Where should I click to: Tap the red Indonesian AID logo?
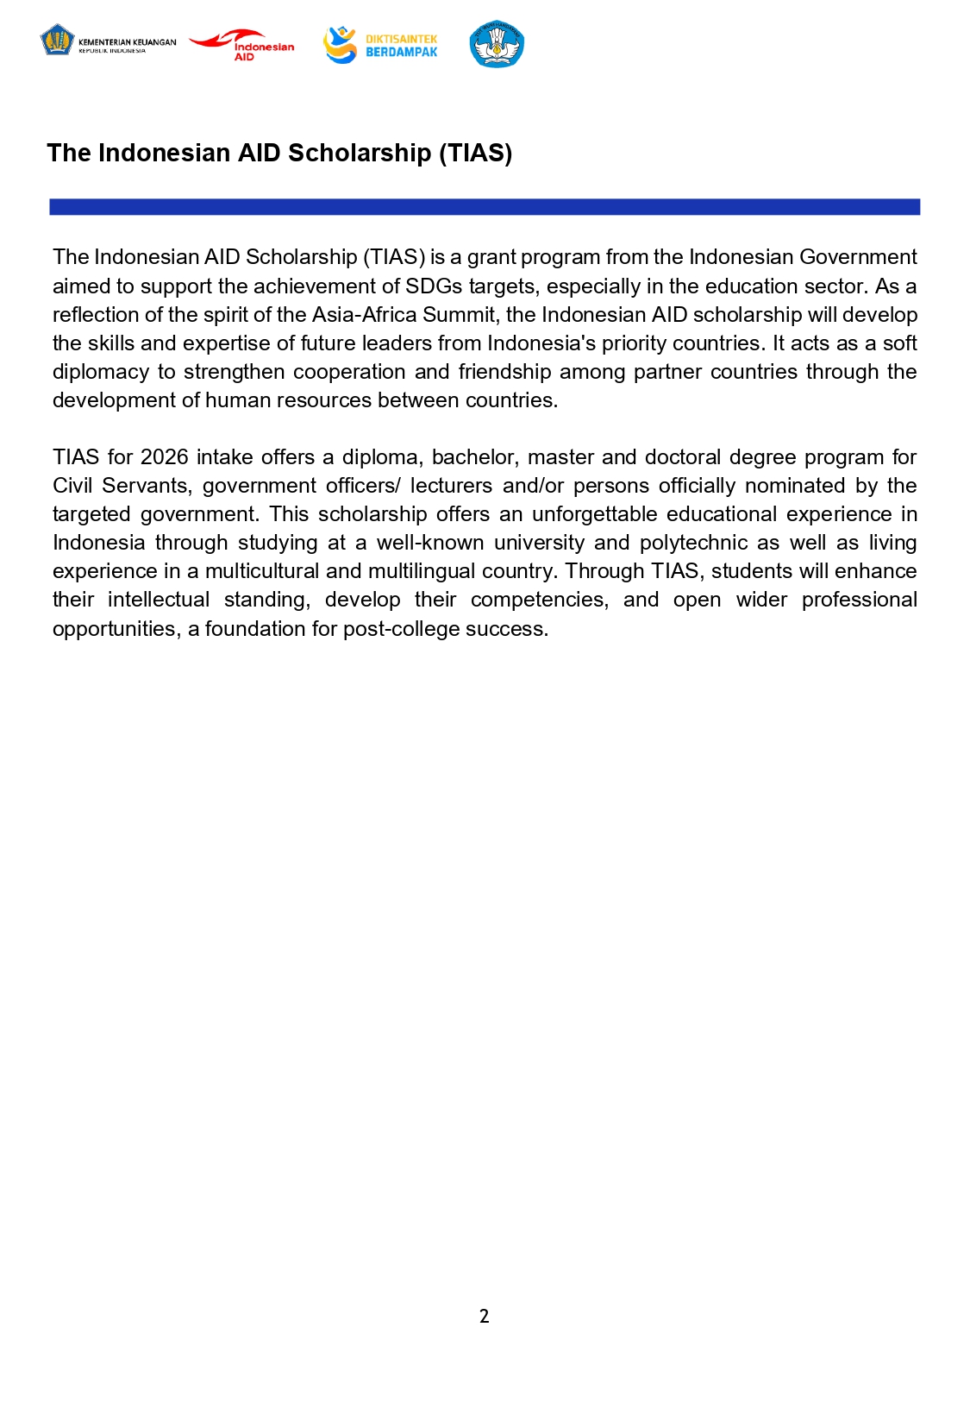(x=242, y=45)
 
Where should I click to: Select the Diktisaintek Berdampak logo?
(x=380, y=45)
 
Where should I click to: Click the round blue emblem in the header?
(x=497, y=44)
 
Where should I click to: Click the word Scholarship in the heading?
(x=359, y=153)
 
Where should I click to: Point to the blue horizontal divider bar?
(x=485, y=207)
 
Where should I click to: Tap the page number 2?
(x=484, y=1316)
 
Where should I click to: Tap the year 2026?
(x=164, y=457)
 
